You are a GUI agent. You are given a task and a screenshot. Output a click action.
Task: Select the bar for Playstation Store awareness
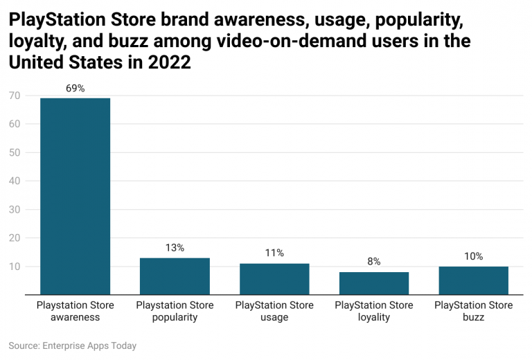75,196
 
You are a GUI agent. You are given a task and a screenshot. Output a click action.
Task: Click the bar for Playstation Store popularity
175,276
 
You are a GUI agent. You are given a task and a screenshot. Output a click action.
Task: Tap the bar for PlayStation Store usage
274,279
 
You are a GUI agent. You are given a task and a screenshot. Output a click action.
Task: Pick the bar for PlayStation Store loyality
374,283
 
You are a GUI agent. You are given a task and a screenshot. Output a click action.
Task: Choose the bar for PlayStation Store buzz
474,280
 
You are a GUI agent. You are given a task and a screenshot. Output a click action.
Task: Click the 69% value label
76,88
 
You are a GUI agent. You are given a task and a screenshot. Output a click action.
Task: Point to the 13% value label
175,248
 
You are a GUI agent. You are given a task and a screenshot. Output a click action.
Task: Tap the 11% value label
274,253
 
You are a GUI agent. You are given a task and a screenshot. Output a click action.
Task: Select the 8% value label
374,262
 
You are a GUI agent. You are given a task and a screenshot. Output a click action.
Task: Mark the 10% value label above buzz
474,256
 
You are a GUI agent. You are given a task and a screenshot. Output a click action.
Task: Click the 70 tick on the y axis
14,96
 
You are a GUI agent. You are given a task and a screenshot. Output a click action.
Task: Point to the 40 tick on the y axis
14,181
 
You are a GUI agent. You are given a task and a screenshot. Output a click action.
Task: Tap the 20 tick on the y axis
14,237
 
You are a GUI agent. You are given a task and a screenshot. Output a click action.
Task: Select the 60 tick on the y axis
14,124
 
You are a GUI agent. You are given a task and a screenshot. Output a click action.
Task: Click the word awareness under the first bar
76,318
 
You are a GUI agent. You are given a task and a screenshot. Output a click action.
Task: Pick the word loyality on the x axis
374,318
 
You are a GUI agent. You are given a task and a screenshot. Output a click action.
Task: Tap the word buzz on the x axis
474,318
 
